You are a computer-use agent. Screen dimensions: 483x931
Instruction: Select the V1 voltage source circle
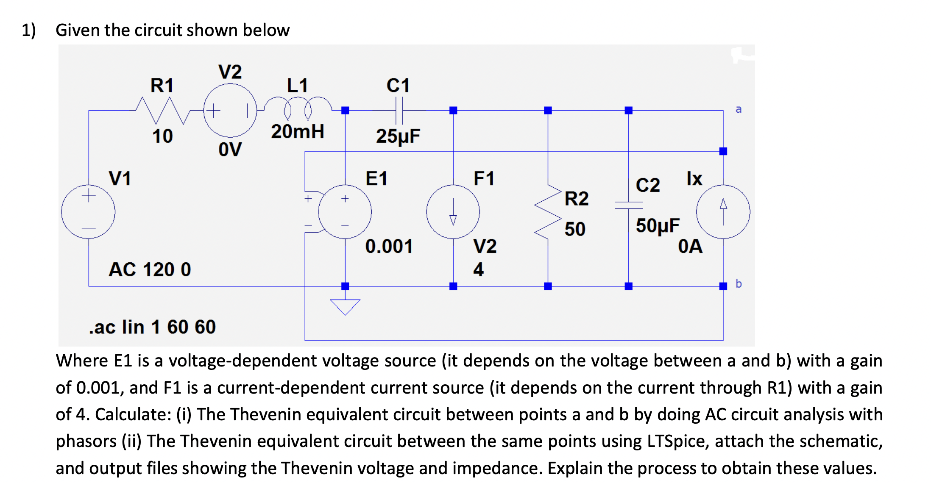click(88, 212)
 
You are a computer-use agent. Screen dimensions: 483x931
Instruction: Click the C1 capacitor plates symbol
click(399, 111)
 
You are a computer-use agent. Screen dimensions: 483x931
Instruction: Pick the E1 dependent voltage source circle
click(345, 212)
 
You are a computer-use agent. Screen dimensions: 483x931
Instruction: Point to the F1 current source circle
click(453, 212)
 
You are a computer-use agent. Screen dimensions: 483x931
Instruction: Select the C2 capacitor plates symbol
click(629, 205)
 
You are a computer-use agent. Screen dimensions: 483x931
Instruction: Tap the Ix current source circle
click(723, 212)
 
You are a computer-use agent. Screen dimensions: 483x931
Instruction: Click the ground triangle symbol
click(345, 306)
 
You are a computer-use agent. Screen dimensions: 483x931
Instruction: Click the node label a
click(739, 109)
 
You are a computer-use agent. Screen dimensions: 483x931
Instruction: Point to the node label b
click(739, 283)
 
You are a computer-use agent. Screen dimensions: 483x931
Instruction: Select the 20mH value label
click(298, 131)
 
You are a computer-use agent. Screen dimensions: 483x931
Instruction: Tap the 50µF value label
click(658, 226)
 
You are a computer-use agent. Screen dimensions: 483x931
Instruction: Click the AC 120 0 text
click(150, 269)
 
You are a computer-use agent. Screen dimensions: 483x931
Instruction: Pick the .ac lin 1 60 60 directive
click(152, 327)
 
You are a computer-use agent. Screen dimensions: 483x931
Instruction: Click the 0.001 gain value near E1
click(389, 246)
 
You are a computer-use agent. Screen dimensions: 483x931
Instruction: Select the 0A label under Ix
click(690, 246)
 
